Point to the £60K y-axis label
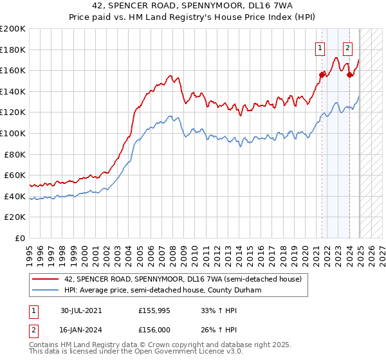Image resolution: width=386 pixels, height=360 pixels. (15, 175)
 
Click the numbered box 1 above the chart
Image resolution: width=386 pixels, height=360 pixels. (320, 46)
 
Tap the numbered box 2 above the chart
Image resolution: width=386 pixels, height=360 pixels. (348, 46)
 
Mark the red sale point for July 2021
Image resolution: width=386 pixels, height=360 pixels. (322, 75)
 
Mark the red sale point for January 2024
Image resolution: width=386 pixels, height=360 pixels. (349, 75)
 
